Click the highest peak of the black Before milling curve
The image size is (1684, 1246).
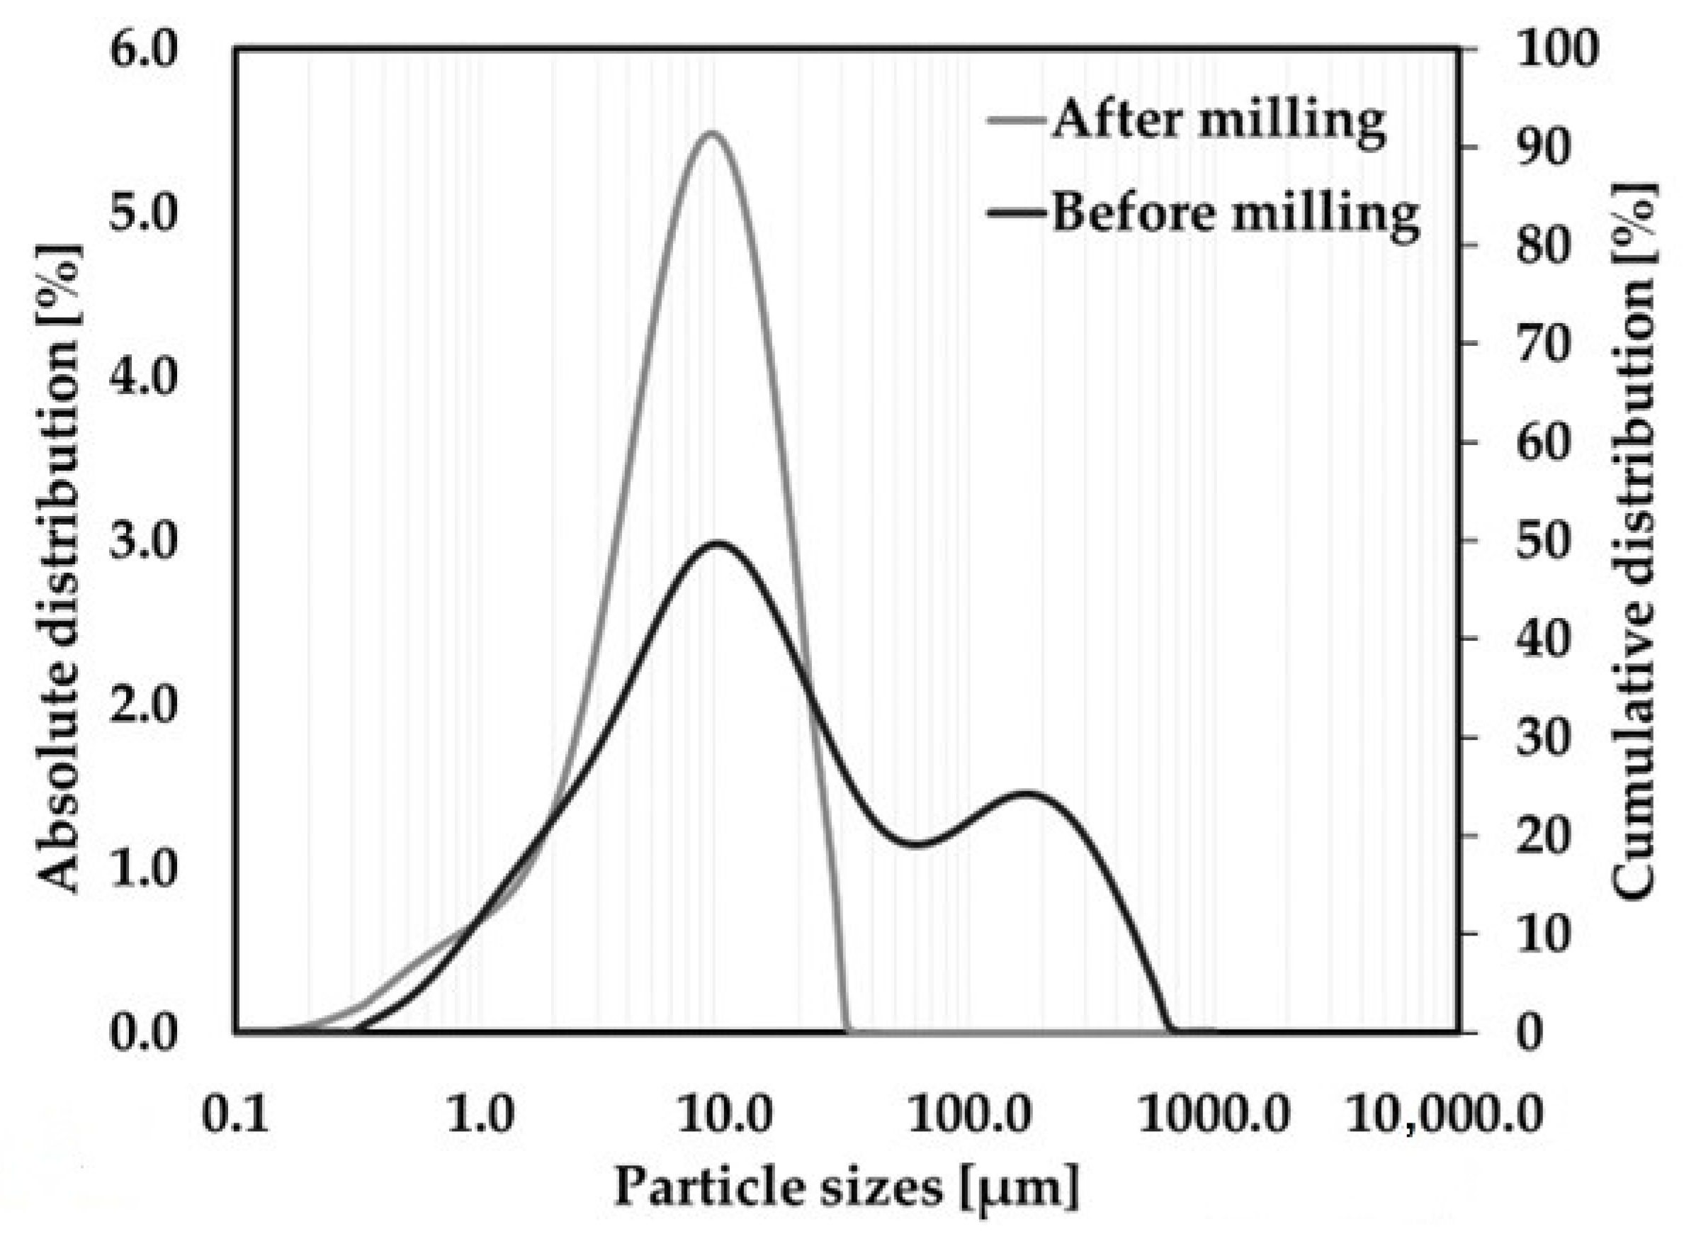718,542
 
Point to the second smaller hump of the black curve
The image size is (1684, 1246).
1027,794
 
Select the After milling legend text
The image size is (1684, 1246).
1218,120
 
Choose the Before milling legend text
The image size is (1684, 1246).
1235,213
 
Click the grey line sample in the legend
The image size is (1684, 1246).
1017,120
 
